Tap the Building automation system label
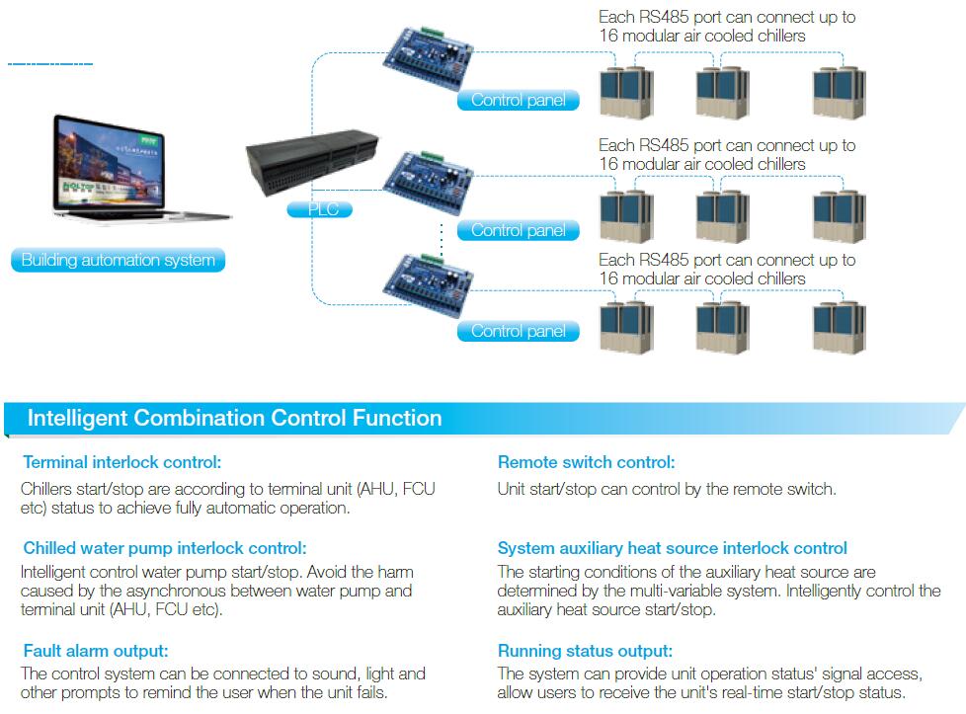point(119,261)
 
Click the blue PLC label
point(319,209)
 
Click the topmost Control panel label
point(519,100)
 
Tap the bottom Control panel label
point(519,331)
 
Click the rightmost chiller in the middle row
point(840,214)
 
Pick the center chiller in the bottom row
point(723,327)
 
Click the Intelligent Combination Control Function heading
point(234,418)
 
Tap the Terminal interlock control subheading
point(121,462)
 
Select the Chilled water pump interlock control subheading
point(165,548)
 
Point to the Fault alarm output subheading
point(96,651)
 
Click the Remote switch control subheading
point(586,462)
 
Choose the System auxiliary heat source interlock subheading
point(672,548)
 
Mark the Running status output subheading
point(585,651)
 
